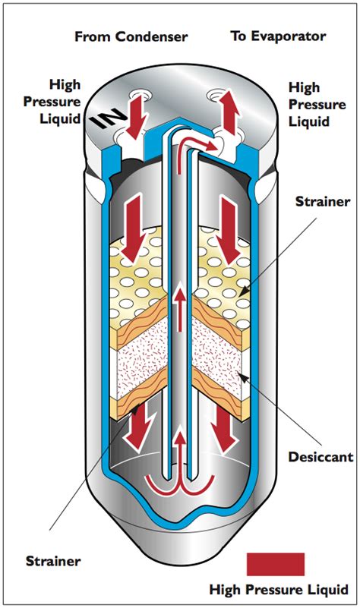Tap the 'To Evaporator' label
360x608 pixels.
pyautogui.click(x=277, y=36)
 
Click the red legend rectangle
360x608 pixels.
pyautogui.click(x=276, y=564)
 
